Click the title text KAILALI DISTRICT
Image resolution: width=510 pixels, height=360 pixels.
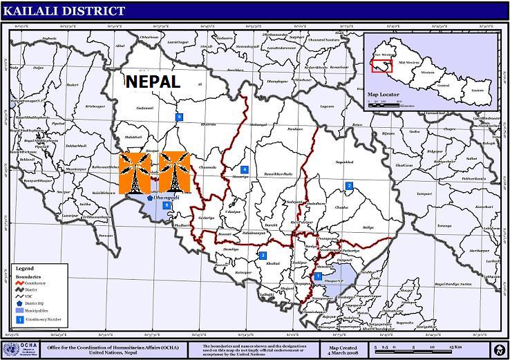pos(64,10)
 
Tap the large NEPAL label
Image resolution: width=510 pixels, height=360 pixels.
pos(153,82)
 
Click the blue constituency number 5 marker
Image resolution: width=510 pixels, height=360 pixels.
pos(179,117)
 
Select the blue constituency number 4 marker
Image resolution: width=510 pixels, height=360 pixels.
pos(244,169)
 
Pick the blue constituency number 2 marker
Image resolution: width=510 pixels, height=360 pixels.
pos(349,185)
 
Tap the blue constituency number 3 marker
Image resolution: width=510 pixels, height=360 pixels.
pos(263,256)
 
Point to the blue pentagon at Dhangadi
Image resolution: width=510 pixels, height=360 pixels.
pos(150,198)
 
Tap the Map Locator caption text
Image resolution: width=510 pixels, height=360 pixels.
pos(384,94)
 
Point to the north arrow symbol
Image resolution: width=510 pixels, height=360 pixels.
pos(498,349)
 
